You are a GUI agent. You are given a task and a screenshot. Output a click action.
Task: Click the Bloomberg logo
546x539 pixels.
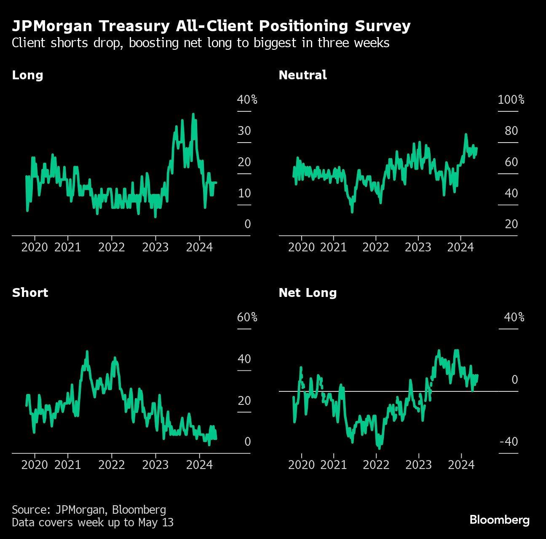click(x=499, y=520)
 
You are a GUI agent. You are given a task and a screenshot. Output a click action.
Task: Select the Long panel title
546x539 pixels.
click(x=27, y=75)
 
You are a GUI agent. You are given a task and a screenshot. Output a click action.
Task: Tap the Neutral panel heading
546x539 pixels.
click(x=302, y=75)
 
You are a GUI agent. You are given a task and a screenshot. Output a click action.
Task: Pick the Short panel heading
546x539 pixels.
click(x=30, y=293)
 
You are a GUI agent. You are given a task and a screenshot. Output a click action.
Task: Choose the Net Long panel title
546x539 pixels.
click(x=308, y=293)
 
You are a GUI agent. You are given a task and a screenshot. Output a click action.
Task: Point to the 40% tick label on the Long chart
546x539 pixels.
click(x=247, y=100)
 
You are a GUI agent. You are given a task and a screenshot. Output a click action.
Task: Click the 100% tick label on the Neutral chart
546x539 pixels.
click(x=511, y=100)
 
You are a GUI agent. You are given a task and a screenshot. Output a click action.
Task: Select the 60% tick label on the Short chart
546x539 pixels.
click(x=247, y=317)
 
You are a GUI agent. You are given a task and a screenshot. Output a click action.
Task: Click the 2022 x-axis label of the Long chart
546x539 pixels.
click(x=112, y=247)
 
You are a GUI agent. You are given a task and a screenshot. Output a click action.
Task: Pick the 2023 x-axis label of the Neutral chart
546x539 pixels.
click(x=418, y=247)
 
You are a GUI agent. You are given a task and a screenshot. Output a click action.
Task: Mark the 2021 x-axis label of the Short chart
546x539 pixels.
click(x=67, y=465)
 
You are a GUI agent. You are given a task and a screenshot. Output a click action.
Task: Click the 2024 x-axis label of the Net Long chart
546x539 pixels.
click(x=461, y=465)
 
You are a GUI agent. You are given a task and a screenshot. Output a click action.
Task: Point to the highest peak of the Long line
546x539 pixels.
click(x=193, y=114)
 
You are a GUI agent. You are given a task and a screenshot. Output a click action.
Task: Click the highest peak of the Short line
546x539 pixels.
click(x=87, y=352)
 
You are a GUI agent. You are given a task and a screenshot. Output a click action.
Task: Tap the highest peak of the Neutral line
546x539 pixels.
click(x=466, y=135)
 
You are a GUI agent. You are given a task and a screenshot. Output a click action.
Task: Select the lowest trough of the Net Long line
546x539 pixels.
click(x=379, y=448)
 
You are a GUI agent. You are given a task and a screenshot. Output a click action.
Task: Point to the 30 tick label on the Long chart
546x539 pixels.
click(x=244, y=131)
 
